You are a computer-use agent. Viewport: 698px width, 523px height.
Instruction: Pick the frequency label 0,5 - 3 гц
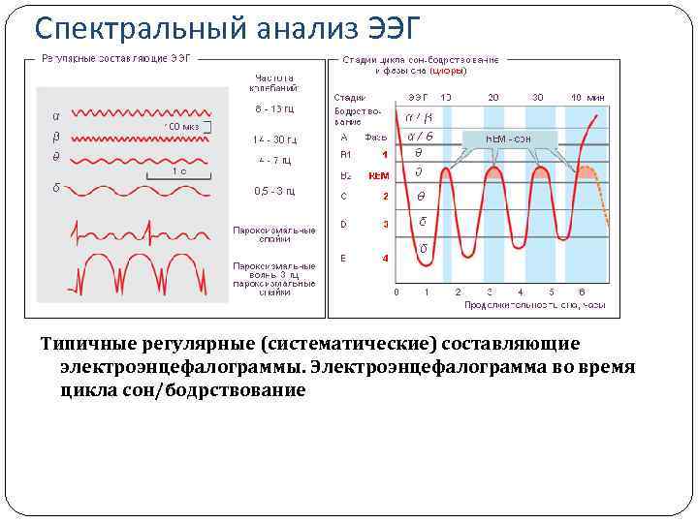click(x=274, y=191)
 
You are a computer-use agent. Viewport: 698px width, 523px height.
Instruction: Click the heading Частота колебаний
click(x=274, y=83)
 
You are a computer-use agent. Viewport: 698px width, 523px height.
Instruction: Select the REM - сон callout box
click(x=509, y=138)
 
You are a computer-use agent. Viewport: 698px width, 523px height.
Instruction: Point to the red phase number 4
click(x=385, y=259)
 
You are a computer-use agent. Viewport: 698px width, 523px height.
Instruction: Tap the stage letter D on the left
click(x=344, y=225)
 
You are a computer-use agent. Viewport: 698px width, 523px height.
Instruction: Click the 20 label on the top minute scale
click(x=492, y=97)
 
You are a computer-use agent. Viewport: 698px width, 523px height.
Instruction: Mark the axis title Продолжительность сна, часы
click(x=535, y=305)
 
